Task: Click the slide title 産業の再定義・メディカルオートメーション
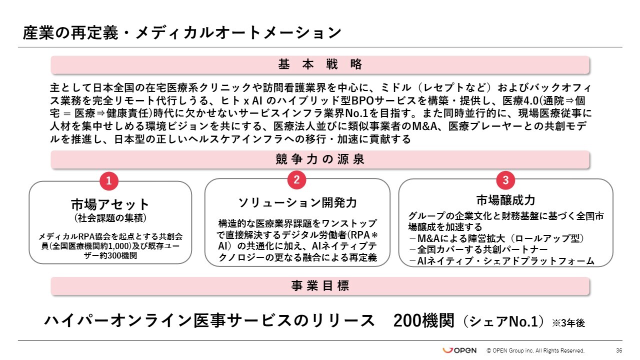pos(182,33)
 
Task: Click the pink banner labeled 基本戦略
pos(320,64)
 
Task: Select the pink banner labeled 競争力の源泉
pos(320,159)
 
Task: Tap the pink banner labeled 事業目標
pos(320,286)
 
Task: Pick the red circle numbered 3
pos(505,180)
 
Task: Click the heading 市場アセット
pos(110,204)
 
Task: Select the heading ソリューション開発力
pos(297,202)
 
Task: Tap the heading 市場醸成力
pos(505,200)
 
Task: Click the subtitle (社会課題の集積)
pos(110,218)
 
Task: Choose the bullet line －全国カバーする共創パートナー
pos(478,249)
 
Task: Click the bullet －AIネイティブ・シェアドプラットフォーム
pos(501,261)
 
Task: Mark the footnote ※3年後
pos(568,323)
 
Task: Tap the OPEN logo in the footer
pos(459,350)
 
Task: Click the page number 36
pos(619,350)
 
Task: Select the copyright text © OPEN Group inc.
pos(535,351)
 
